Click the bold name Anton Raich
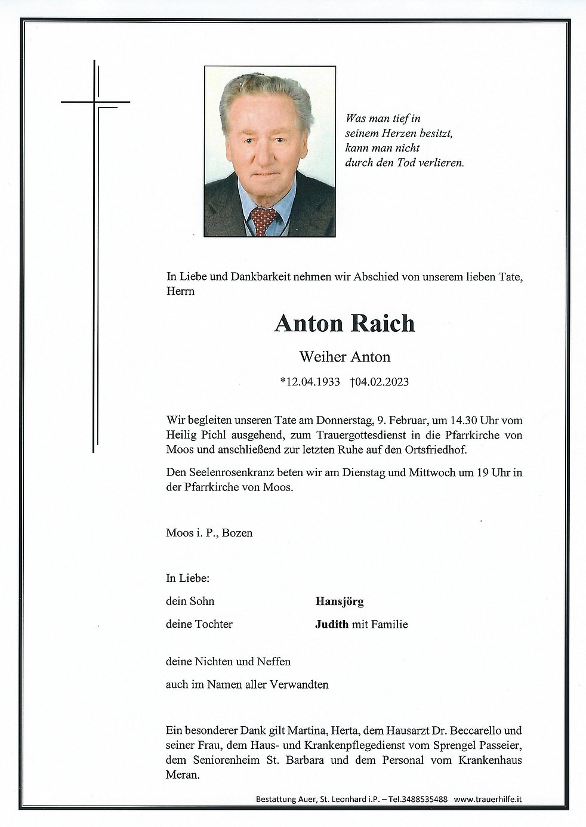(344, 323)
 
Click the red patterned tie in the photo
(263, 220)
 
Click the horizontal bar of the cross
(95, 103)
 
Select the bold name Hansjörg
(339, 601)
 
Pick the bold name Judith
(331, 625)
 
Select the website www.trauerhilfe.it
(488, 799)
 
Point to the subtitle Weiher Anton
(344, 357)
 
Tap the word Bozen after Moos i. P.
(237, 533)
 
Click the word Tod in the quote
(404, 162)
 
